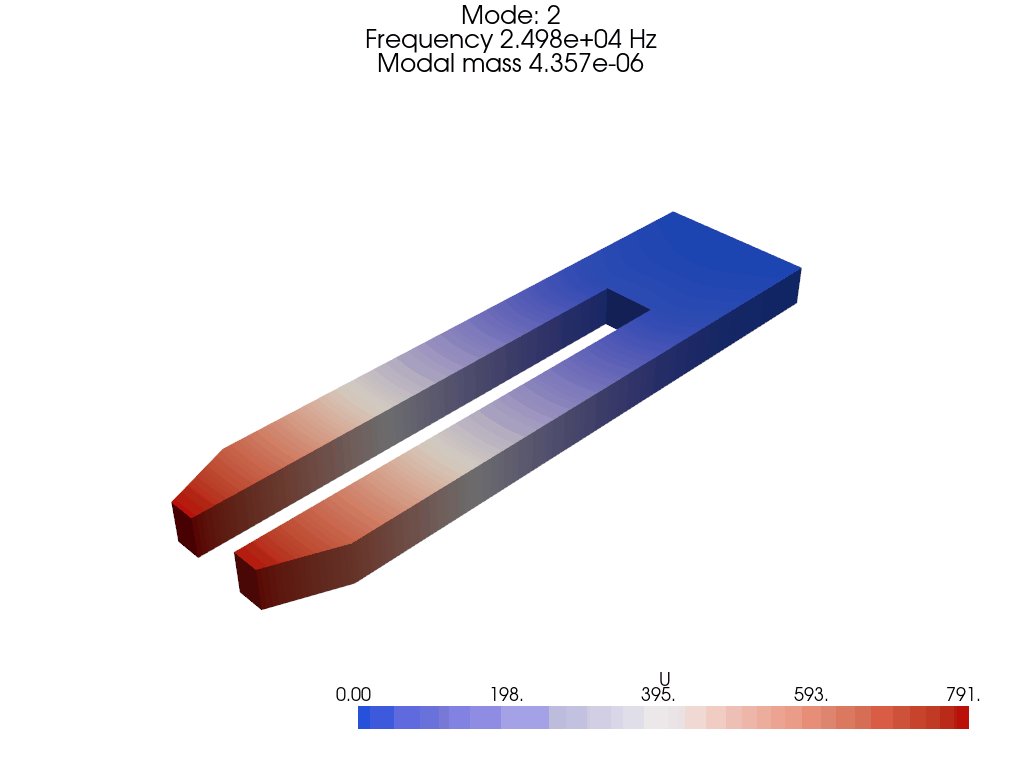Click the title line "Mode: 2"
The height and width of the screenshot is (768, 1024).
coord(511,15)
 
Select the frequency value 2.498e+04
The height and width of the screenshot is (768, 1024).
coord(560,39)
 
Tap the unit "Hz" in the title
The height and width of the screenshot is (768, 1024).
coord(643,39)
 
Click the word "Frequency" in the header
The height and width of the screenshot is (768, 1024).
coord(428,40)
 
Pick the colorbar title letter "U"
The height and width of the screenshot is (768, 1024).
coord(664,679)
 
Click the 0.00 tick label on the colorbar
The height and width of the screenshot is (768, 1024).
coord(353,695)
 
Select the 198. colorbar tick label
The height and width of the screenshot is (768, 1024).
coord(507,695)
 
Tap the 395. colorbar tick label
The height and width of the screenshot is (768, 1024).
coord(658,695)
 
